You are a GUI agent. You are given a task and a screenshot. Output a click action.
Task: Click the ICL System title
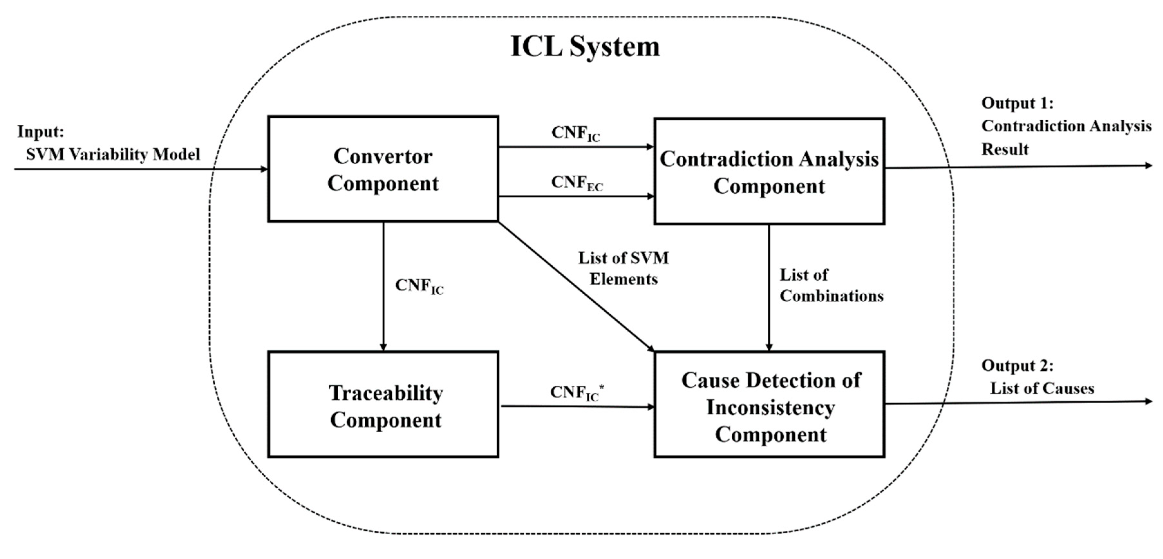(585, 46)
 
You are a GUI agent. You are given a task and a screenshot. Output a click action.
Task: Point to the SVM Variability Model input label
(113, 155)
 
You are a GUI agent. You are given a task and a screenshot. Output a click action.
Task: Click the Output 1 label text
(1017, 103)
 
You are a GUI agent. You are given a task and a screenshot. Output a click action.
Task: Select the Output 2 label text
(1017, 365)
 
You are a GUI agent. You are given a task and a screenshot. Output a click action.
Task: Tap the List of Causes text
(1042, 389)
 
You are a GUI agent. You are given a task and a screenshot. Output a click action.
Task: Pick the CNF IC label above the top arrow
(576, 133)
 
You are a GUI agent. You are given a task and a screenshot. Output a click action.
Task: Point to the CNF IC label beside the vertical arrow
(419, 286)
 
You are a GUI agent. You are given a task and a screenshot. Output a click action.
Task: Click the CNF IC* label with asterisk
(577, 392)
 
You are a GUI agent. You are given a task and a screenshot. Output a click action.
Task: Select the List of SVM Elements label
(624, 269)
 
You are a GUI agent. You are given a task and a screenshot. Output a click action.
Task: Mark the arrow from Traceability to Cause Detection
(577, 407)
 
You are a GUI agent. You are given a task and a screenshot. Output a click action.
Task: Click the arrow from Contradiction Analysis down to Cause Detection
(769, 288)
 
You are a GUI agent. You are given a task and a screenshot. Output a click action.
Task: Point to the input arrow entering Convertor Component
(141, 169)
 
